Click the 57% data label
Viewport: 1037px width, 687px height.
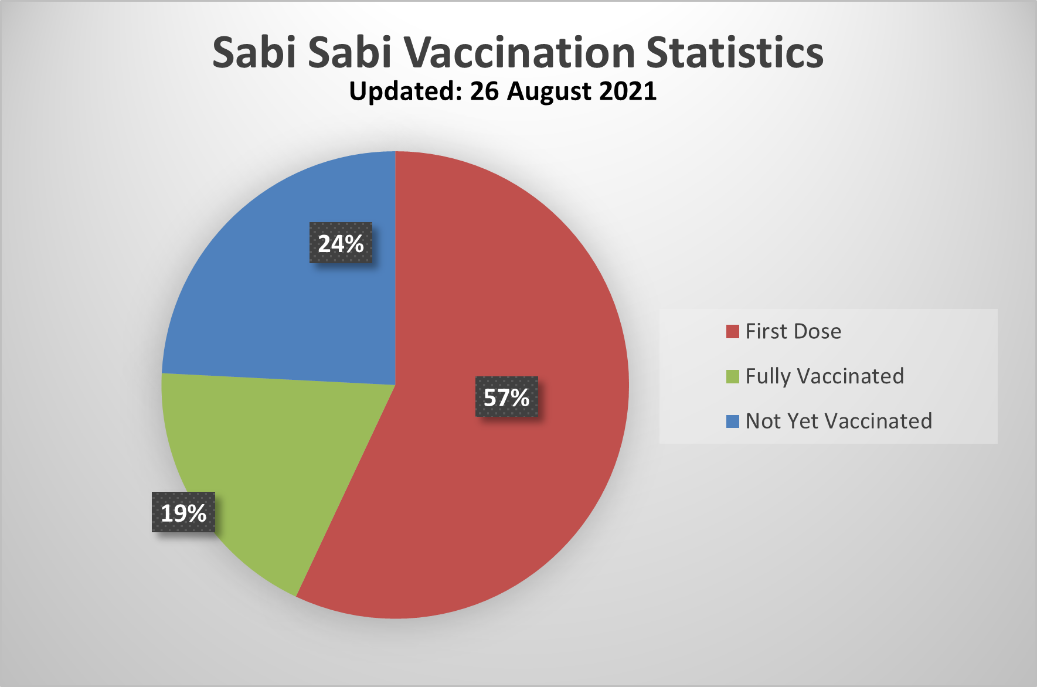pos(506,397)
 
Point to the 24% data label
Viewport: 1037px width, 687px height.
pos(341,243)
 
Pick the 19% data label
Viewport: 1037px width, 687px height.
pos(183,512)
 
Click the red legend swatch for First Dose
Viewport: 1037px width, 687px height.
pos(733,332)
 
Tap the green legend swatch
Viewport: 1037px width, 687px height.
pos(733,376)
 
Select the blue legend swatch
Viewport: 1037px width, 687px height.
pos(733,421)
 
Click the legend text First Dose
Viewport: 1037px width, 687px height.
pos(793,332)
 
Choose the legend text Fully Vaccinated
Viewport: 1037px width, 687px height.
pos(825,377)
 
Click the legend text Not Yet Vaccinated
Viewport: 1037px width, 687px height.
pos(839,421)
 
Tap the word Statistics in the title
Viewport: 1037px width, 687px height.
pos(735,52)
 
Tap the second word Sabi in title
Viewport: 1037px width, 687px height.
pos(350,52)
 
